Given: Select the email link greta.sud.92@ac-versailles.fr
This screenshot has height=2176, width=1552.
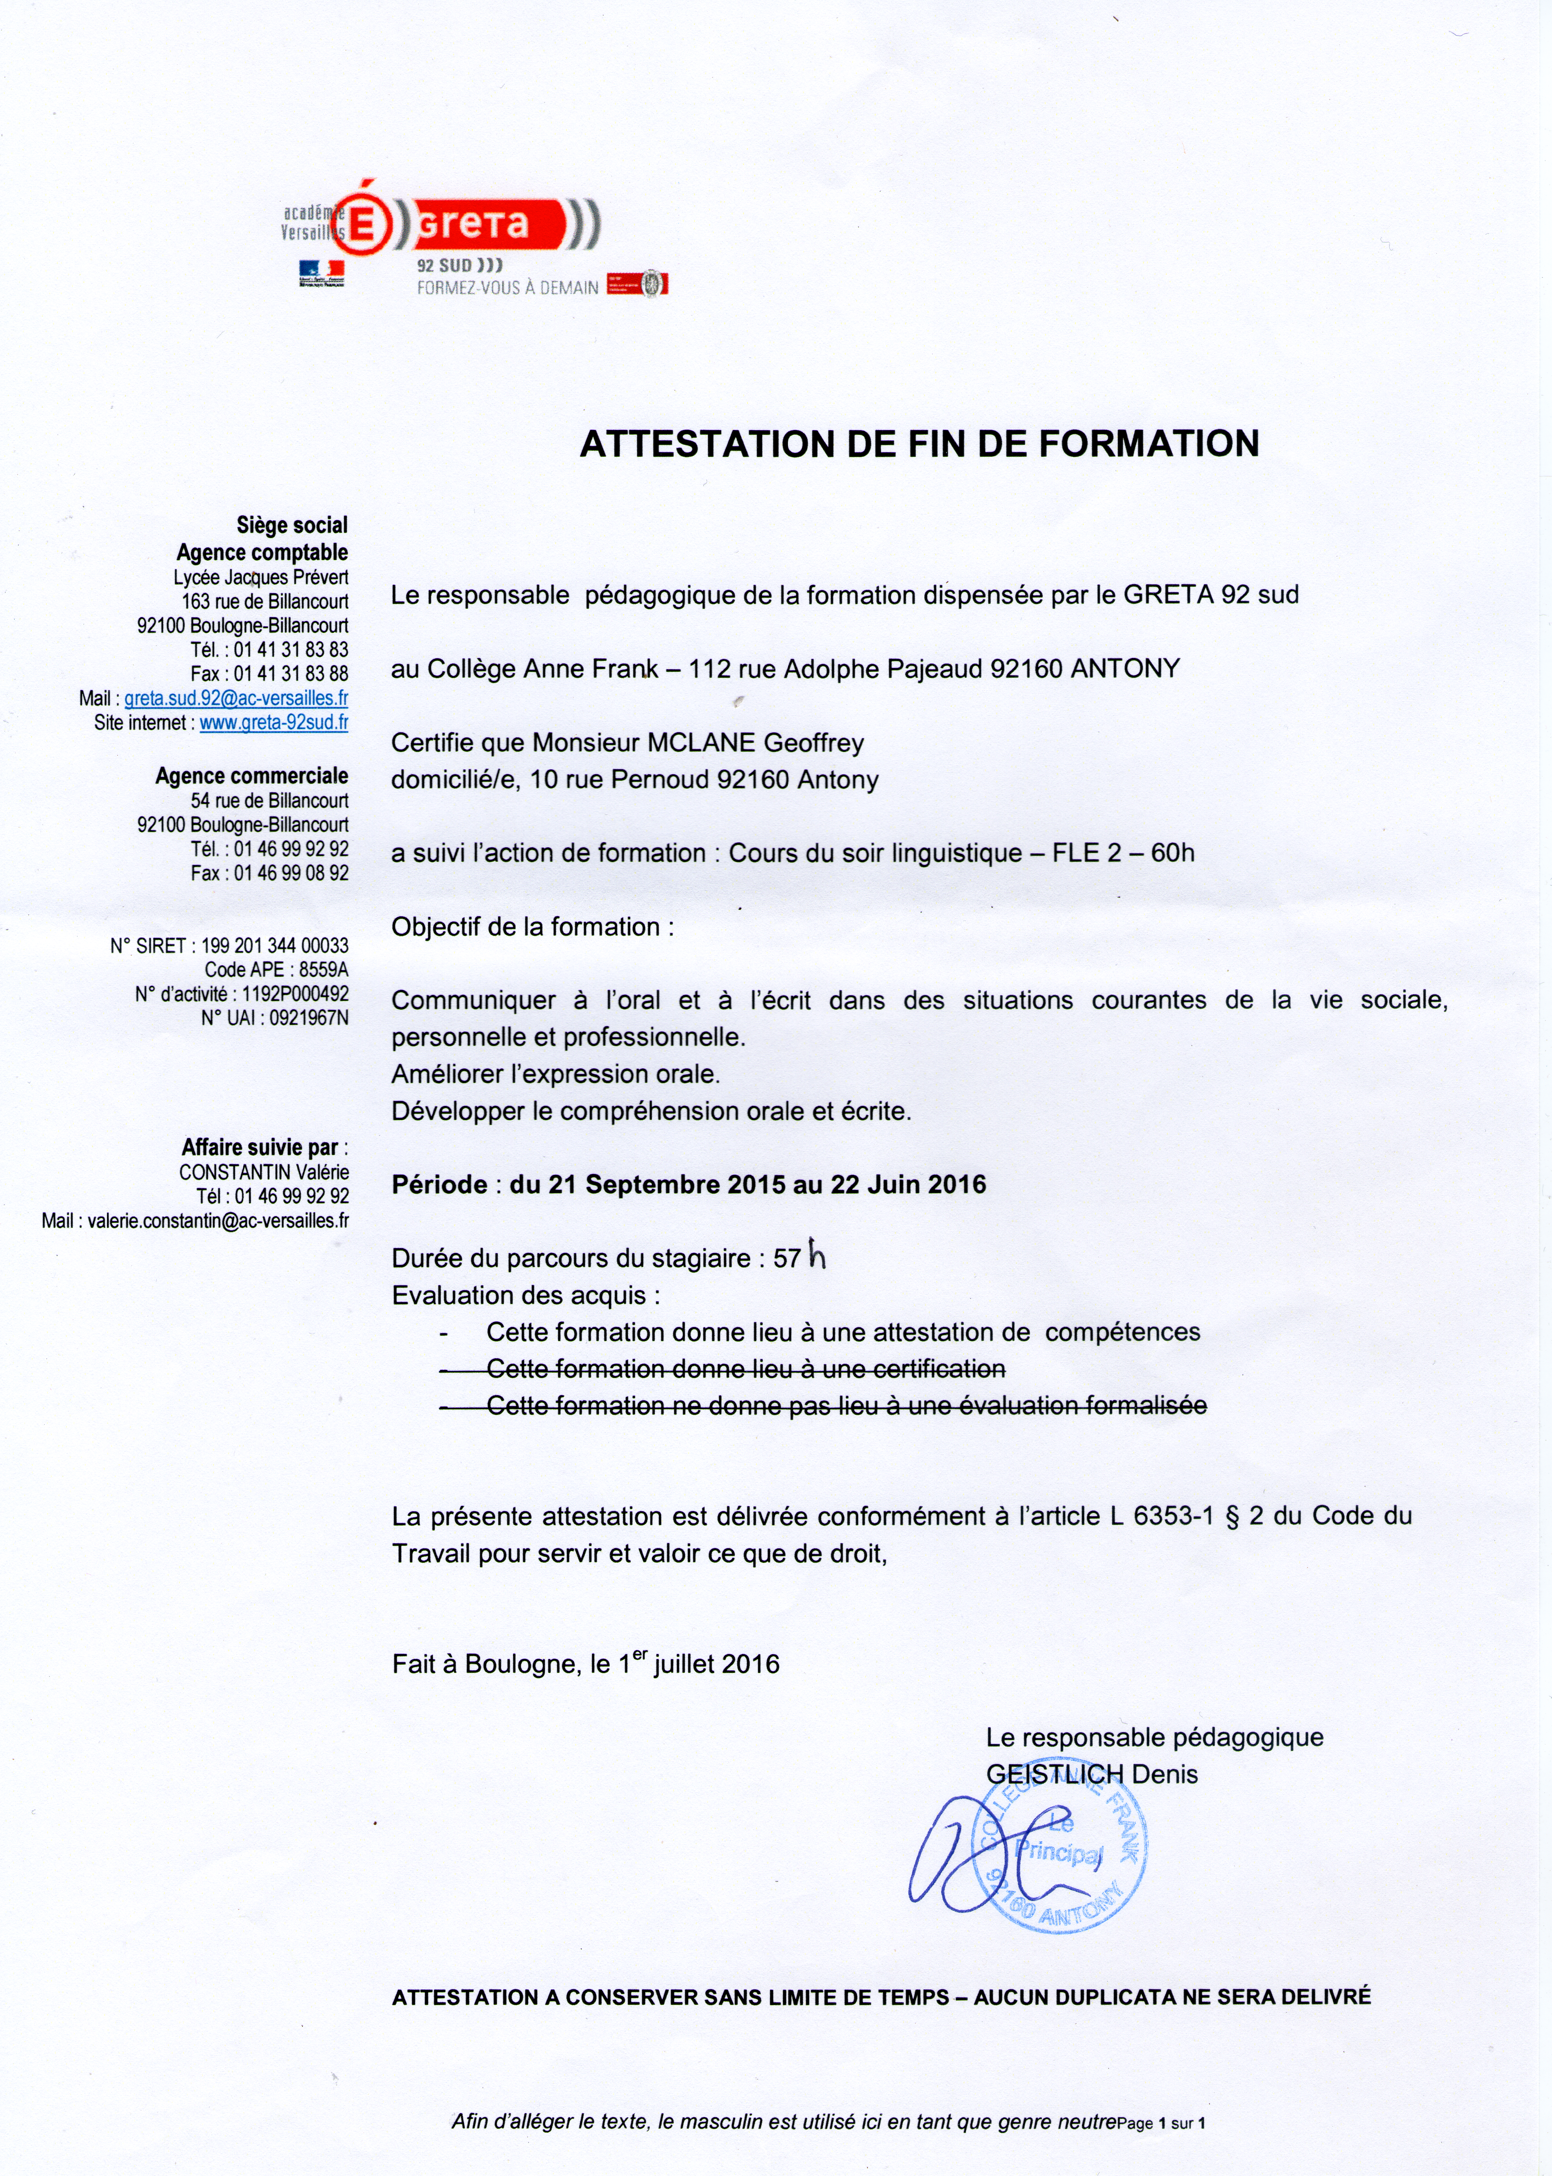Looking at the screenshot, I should [x=236, y=698].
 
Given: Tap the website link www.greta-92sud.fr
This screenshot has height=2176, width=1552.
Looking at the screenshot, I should [x=273, y=722].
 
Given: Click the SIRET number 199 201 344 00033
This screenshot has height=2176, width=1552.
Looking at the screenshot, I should [x=275, y=945].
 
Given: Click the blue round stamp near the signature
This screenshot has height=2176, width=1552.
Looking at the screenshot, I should [x=1065, y=1859].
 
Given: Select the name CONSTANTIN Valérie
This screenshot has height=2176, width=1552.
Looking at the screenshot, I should [x=264, y=1172].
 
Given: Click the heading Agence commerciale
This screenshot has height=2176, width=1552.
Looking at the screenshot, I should [x=252, y=776].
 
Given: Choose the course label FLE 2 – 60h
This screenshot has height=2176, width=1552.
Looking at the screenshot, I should [x=1123, y=852].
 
